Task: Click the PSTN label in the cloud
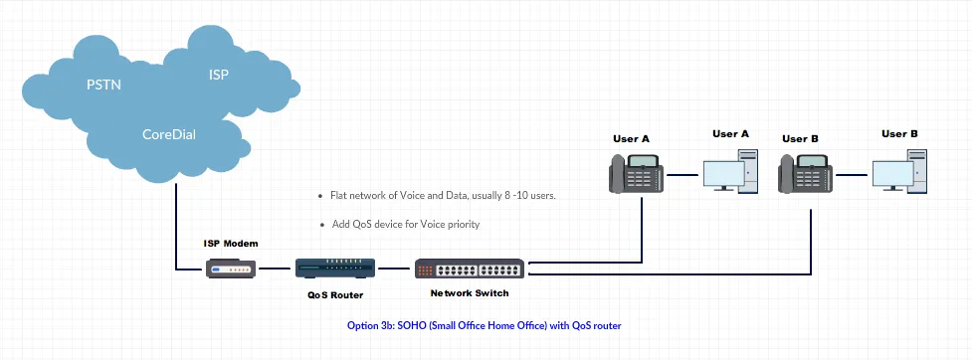coord(102,85)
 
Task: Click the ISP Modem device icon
coord(232,269)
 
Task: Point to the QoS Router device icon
coord(335,269)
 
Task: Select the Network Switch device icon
coord(471,270)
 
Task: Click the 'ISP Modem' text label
coord(231,244)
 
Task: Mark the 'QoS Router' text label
coord(334,295)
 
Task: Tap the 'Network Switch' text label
coord(470,293)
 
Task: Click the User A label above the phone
coord(631,139)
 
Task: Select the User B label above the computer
coord(899,133)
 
